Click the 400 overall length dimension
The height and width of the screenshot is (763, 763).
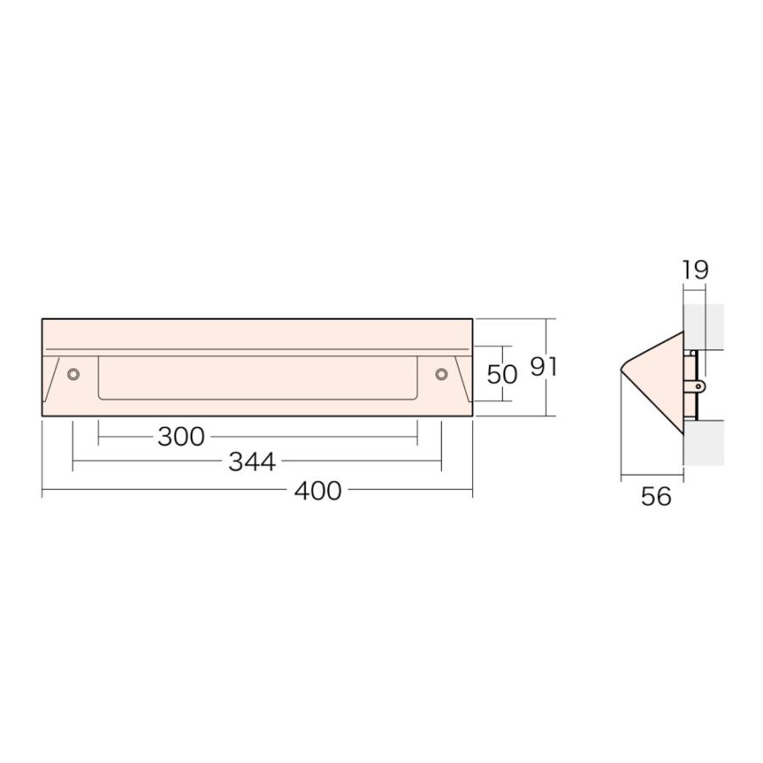318,491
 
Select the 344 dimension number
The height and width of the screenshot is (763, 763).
252,462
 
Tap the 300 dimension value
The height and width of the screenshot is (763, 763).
181,437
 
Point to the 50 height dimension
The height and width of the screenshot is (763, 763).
502,374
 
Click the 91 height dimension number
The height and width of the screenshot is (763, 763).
543,367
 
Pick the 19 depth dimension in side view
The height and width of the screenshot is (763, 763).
695,270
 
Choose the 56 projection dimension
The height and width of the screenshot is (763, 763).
656,496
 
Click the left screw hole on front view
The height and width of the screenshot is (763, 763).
73,374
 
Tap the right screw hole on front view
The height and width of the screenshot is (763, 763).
441,374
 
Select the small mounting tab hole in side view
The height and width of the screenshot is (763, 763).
699,387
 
